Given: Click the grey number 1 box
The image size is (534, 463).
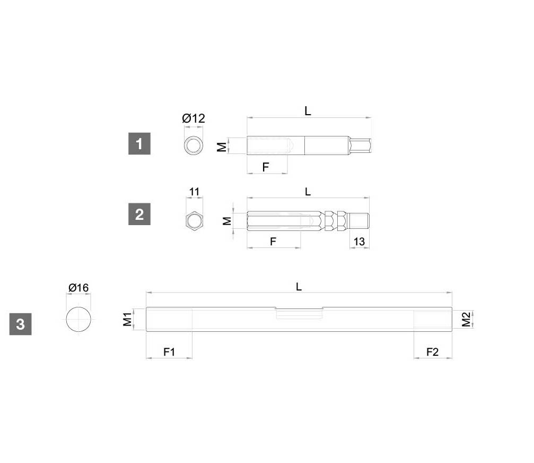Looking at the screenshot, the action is pyautogui.click(x=139, y=143).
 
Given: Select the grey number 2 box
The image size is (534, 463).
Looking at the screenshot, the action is pyautogui.click(x=139, y=214).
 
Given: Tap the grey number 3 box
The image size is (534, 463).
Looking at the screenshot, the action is pyautogui.click(x=21, y=324).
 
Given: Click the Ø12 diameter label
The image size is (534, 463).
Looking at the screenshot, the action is pyautogui.click(x=194, y=118).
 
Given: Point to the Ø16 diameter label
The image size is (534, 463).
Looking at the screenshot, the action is pyautogui.click(x=78, y=287).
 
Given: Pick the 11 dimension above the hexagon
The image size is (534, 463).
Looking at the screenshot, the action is pyautogui.click(x=194, y=192).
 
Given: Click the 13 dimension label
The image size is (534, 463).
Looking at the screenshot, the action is pyautogui.click(x=360, y=242).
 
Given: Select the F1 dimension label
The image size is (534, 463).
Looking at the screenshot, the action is pyautogui.click(x=169, y=351).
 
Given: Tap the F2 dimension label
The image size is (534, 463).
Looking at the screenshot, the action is pyautogui.click(x=433, y=351).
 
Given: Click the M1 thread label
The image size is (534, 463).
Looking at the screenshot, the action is pyautogui.click(x=127, y=319).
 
